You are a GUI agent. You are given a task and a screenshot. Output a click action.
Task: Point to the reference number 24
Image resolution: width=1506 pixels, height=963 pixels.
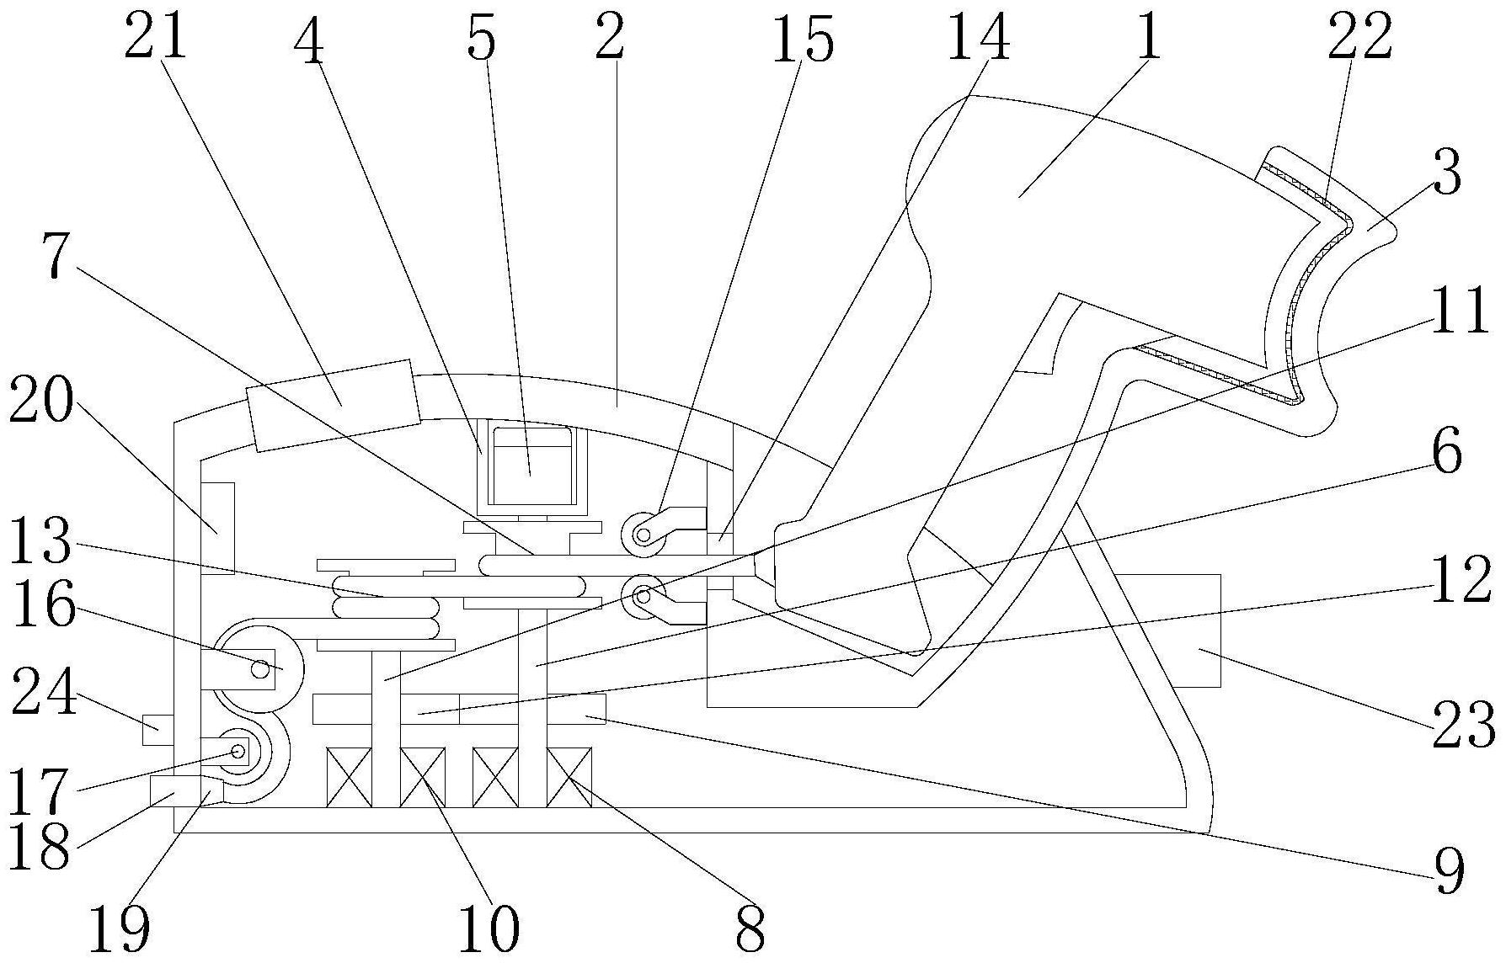pos(44,691)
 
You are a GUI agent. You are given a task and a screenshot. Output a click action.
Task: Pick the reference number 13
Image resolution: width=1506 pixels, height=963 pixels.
pos(40,541)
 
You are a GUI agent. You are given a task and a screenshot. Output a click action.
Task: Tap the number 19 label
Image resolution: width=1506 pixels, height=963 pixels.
pos(120,928)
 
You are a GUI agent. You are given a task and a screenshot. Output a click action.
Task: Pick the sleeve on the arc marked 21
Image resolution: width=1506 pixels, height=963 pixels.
pos(333,405)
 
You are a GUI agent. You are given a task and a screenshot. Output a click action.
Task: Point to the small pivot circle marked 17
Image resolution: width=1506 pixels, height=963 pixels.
pos(238,751)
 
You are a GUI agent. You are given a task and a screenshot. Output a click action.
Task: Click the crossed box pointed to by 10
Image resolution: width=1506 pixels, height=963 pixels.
pos(422,777)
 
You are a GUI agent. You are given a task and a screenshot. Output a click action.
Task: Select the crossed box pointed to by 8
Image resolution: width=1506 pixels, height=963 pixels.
pos(569,777)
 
